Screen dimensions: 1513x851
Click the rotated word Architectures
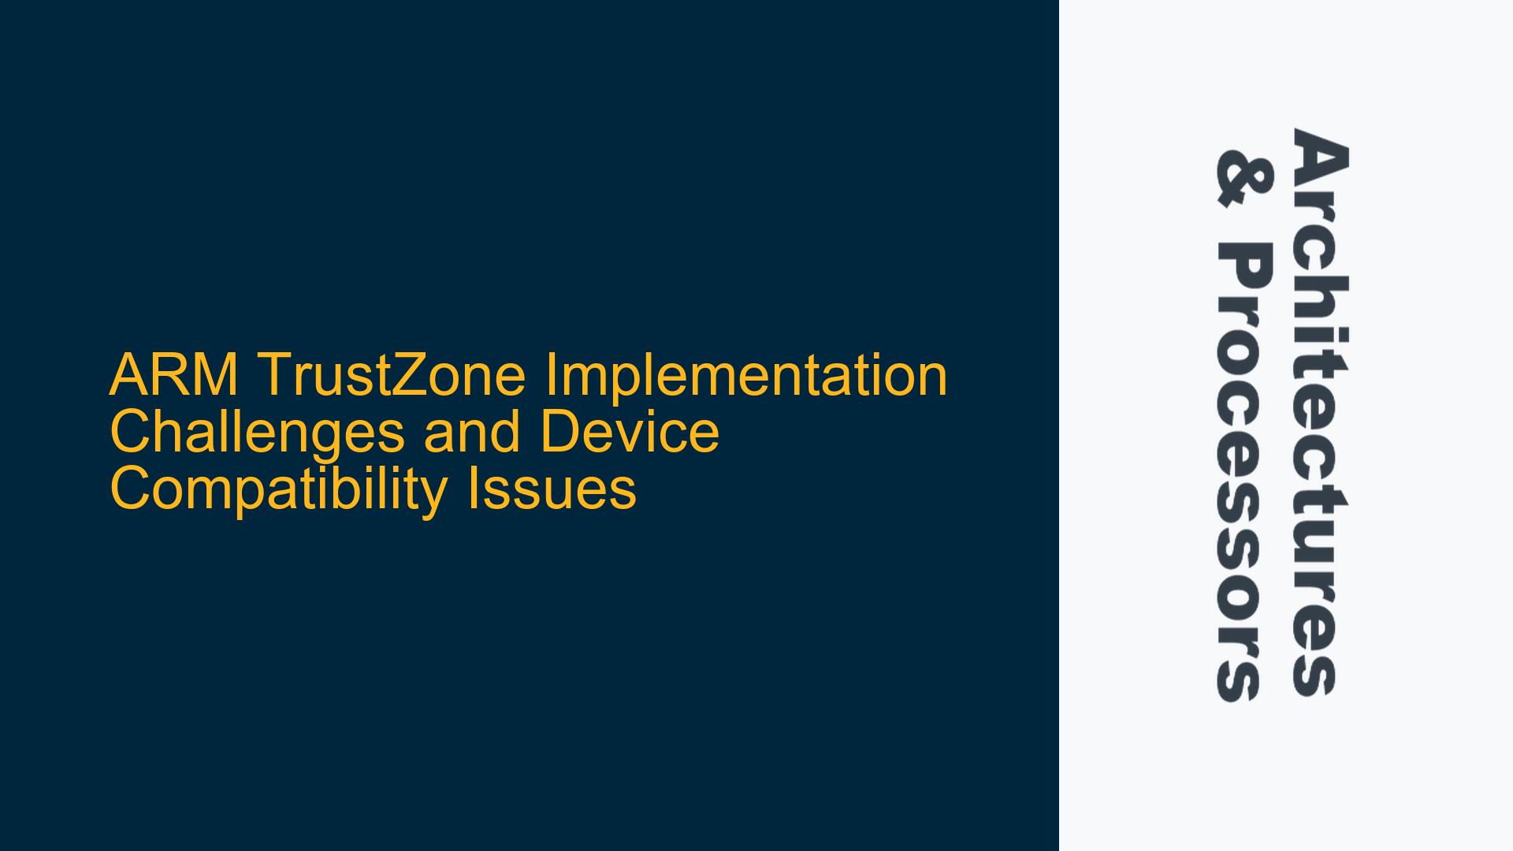[1318, 412]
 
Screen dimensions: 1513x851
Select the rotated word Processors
[1243, 472]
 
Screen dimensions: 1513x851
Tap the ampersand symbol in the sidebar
[1243, 180]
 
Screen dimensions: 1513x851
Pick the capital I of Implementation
[548, 375]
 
